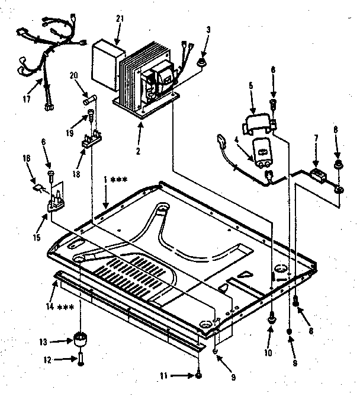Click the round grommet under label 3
(x=203, y=62)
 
